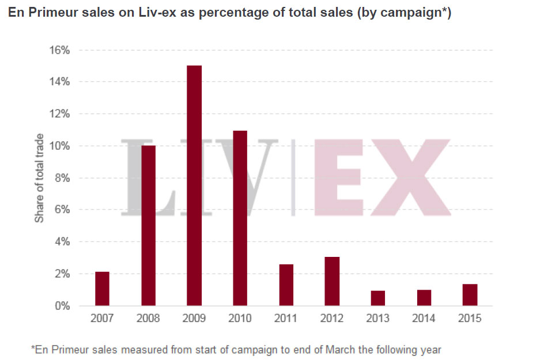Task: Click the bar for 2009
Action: [x=194, y=185]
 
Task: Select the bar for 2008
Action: [x=148, y=225]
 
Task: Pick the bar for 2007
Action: [x=102, y=289]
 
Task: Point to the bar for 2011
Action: [x=286, y=285]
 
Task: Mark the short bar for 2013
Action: [x=377, y=298]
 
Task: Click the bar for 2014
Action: [x=424, y=298]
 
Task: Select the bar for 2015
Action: [x=470, y=295]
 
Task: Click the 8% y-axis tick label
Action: [x=61, y=178]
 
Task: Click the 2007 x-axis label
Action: [x=102, y=319]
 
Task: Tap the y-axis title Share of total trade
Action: [x=39, y=178]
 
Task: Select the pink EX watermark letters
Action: [x=380, y=177]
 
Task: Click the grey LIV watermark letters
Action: [x=202, y=177]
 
